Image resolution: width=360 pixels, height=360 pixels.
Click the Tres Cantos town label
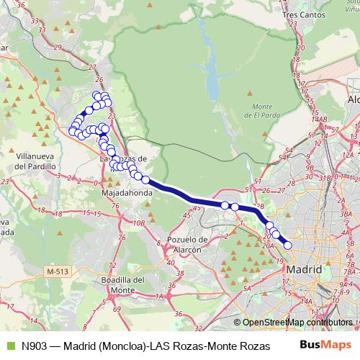tap(300, 14)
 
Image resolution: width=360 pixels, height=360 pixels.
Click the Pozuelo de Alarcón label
tap(186, 244)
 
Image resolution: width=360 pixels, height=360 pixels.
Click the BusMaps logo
tap(320, 345)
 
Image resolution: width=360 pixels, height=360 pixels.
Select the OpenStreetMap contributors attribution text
tap(297, 323)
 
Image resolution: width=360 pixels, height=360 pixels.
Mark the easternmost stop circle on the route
tap(288, 246)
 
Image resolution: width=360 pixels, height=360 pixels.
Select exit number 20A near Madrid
tap(268, 246)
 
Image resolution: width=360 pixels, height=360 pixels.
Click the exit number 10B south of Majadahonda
tap(138, 223)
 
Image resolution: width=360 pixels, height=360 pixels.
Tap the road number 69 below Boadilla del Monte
tap(117, 309)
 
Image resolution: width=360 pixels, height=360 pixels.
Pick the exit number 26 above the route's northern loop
tap(99, 80)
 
